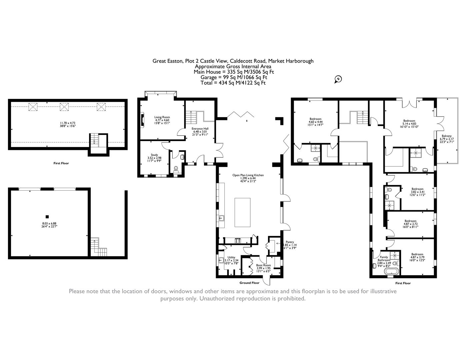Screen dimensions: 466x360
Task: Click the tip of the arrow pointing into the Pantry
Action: [276, 243]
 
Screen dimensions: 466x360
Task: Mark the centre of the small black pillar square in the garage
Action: [47, 217]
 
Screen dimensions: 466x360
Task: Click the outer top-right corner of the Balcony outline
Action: [458, 98]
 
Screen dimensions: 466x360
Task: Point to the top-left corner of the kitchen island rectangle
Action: [235, 198]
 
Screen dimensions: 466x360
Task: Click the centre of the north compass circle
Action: [339, 79]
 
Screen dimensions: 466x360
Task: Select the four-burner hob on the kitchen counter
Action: [238, 241]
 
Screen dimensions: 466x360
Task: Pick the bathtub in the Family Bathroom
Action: [392, 271]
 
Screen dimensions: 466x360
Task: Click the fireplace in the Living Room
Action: [142, 121]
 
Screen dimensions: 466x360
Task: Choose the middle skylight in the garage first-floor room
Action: [64, 107]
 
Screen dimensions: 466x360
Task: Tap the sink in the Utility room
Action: [221, 260]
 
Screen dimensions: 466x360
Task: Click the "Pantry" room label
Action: [290, 242]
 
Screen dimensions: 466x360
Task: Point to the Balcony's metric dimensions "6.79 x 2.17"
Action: [446, 139]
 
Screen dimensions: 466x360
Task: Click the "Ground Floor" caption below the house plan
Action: [249, 283]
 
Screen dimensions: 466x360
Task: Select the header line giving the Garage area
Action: [234, 77]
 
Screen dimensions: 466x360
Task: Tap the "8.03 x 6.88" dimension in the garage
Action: [49, 223]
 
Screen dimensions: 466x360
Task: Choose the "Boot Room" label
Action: [263, 265]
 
